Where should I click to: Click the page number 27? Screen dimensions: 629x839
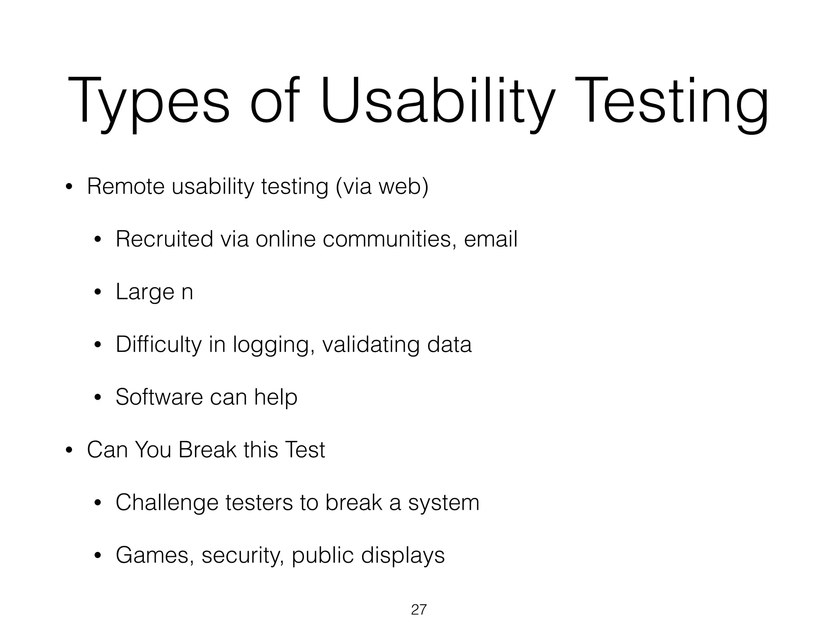[x=419, y=610]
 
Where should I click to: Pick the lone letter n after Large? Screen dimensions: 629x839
[x=187, y=292]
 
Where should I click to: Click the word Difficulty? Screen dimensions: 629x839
[x=159, y=344]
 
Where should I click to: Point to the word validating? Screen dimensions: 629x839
[x=371, y=344]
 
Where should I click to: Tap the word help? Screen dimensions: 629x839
[x=275, y=397]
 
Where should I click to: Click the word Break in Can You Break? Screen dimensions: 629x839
[x=207, y=450]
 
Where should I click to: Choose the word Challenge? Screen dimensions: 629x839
[x=167, y=502]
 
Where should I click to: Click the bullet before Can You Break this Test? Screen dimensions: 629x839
[x=69, y=451]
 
